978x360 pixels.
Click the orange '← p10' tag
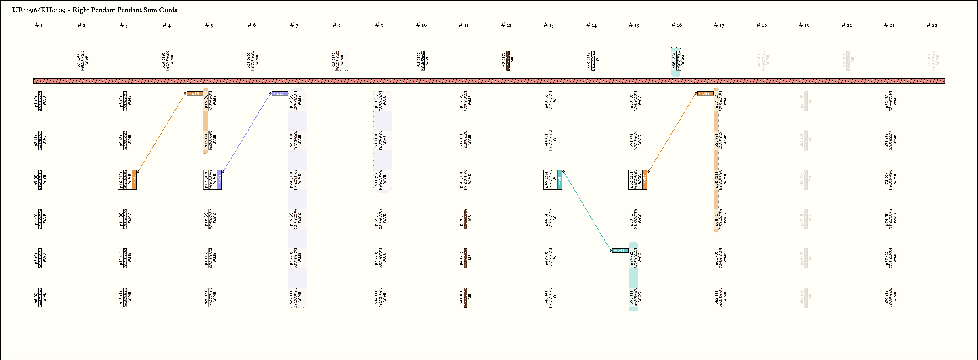(x=195, y=93)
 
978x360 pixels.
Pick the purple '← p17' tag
(x=280, y=93)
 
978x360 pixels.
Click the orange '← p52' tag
(x=705, y=93)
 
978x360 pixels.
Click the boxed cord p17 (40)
(x=210, y=180)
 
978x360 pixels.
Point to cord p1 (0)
(x=40, y=101)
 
